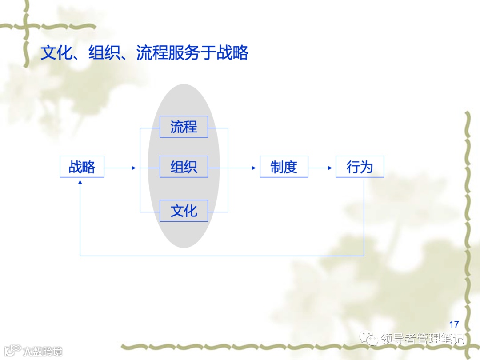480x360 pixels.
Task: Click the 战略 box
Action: tap(82, 167)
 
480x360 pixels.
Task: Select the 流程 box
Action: tap(184, 127)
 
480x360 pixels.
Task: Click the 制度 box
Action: tap(284, 167)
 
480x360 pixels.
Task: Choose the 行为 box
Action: tap(360, 167)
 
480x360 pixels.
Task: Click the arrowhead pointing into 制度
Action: tap(254, 168)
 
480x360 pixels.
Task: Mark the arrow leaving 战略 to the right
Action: tap(119, 168)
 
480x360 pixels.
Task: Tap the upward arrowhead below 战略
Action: tap(80, 183)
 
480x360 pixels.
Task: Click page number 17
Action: tap(454, 324)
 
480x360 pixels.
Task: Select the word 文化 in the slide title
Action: tap(56, 53)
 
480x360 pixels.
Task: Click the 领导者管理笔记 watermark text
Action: tap(422, 339)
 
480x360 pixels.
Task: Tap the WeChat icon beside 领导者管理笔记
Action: tap(369, 339)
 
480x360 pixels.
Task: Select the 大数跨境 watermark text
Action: tap(43, 351)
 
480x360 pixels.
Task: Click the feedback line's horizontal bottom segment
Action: tap(222, 256)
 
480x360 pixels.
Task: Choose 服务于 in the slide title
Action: tap(192, 53)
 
